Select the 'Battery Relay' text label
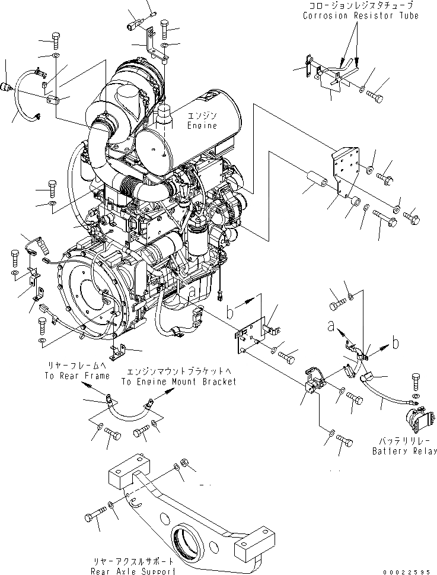point(404,451)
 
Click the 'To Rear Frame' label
point(76,376)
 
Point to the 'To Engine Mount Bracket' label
point(178,382)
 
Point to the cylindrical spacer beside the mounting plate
point(316,180)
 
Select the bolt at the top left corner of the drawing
point(56,39)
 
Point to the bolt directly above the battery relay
point(414,380)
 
